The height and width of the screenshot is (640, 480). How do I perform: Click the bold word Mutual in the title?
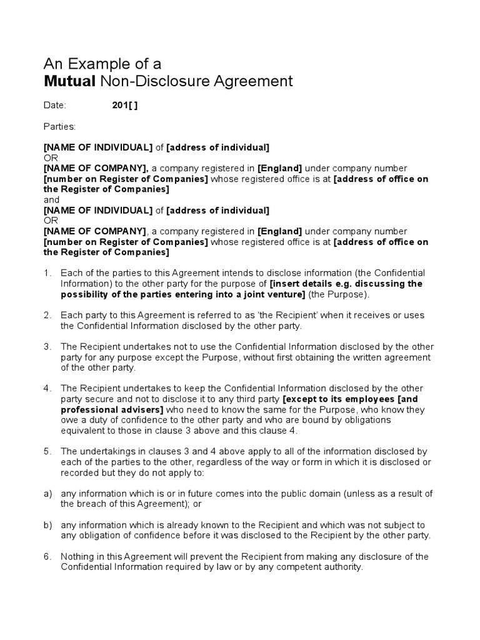(x=67, y=81)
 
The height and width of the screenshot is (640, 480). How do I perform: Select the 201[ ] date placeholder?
(x=124, y=106)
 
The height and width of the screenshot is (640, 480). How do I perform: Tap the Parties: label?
(x=59, y=127)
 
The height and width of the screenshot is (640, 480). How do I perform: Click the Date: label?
(x=54, y=106)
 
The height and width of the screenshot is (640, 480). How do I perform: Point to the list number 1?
(x=47, y=273)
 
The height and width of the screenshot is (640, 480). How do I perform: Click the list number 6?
(x=47, y=556)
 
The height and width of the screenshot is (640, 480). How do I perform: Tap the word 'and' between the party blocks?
(x=51, y=199)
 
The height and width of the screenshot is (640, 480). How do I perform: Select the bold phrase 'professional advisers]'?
(x=112, y=409)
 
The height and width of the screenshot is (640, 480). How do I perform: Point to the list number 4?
(x=47, y=388)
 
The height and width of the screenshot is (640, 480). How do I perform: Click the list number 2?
(x=47, y=315)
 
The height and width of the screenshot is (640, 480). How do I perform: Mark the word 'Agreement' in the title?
(x=255, y=81)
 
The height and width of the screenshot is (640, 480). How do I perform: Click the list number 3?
(x=47, y=346)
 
